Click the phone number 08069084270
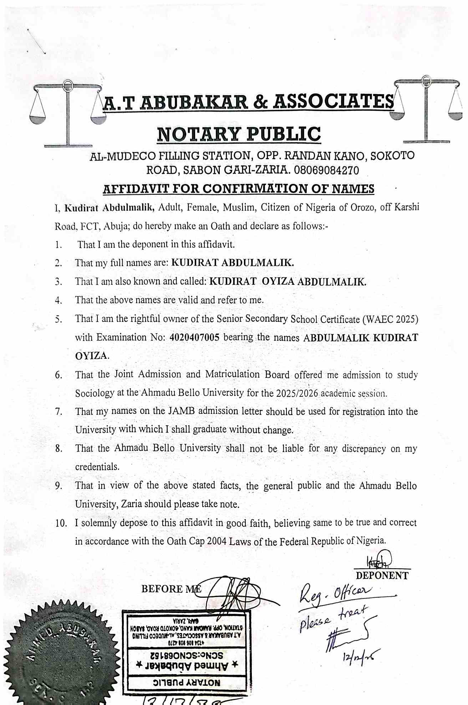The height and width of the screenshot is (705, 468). tap(326, 170)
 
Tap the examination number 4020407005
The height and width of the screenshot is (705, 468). tap(194, 337)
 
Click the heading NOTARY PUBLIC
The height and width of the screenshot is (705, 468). tap(239, 134)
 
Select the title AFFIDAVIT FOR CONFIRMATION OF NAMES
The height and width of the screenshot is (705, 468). tap(239, 189)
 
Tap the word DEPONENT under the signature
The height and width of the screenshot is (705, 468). tap(382, 576)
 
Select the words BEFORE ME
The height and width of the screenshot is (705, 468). tap(171, 589)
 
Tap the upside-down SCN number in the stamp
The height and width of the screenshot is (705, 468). tap(186, 655)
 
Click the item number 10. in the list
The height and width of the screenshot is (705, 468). tap(61, 523)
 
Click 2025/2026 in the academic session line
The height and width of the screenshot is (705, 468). tap(297, 393)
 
